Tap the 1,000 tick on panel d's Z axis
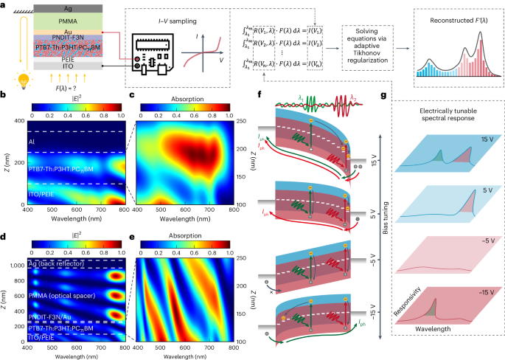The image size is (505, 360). coord(19,263)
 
